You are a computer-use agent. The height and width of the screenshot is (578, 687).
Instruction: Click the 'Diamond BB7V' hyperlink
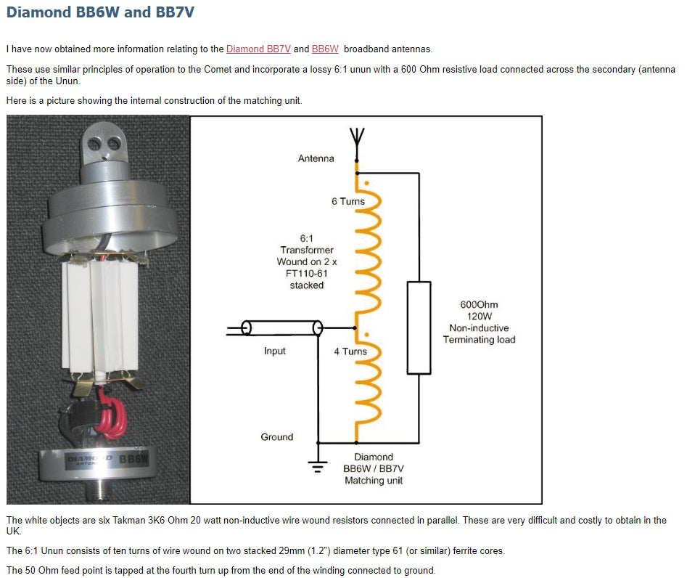click(x=258, y=49)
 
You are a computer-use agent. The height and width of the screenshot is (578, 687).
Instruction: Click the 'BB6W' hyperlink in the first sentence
click(x=325, y=49)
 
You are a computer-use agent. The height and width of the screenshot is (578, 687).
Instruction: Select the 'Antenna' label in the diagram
click(x=316, y=158)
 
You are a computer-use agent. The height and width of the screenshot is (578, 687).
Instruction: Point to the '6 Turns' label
click(x=348, y=201)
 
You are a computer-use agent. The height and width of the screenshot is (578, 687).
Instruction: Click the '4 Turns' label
click(x=350, y=351)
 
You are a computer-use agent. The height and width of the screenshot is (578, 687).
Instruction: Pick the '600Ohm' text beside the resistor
click(x=479, y=305)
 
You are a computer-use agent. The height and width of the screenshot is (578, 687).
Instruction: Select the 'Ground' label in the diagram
click(x=277, y=437)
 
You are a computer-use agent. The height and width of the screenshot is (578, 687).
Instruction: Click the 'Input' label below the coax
click(x=275, y=351)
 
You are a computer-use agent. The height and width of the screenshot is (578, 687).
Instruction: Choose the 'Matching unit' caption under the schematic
click(x=374, y=481)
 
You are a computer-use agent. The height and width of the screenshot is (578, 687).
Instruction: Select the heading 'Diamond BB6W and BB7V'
click(x=100, y=12)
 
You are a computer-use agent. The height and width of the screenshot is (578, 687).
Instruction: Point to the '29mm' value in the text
click(x=281, y=550)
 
